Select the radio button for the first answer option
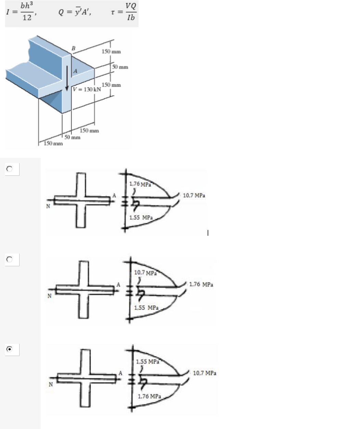tap(10, 169)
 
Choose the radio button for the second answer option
tap(10, 259)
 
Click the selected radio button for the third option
tap(10, 349)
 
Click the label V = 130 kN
tap(87, 89)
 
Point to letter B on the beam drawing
tap(74, 48)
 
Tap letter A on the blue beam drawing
tap(75, 71)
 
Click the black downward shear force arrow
tap(67, 78)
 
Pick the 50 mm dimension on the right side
tap(120, 67)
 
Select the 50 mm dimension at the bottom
tap(72, 137)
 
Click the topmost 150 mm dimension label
tap(111, 51)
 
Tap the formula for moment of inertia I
tap(21, 12)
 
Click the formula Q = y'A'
tap(75, 12)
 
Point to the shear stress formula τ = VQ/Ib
tap(124, 12)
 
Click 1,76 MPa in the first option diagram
tap(140, 184)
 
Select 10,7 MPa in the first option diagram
tap(194, 195)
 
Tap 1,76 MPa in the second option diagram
tap(201, 284)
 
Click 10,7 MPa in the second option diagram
tap(145, 273)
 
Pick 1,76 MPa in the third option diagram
tap(149, 396)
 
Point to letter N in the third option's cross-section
tap(51, 384)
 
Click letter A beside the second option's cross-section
tap(118, 284)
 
